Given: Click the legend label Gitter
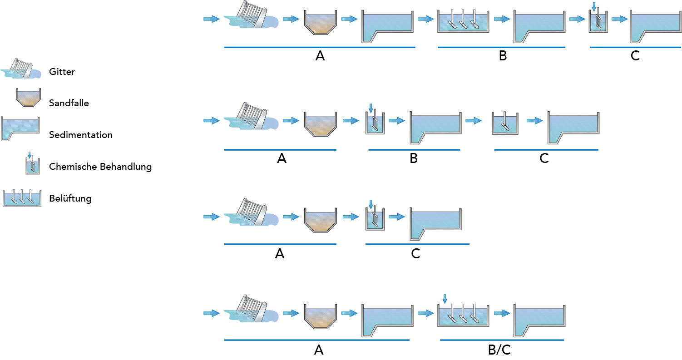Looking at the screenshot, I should point(62,72).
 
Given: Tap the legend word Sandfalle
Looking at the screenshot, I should point(69,103).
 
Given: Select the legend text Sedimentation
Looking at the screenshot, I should point(80,135).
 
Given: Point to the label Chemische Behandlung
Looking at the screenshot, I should point(100,167).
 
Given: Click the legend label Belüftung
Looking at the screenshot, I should point(70,198).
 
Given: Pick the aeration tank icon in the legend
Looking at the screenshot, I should point(22,198).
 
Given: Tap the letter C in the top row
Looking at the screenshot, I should point(635,56).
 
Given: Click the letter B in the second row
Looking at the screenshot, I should point(413,158).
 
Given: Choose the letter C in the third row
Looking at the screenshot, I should point(415,254).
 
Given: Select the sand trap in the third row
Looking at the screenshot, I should point(320,220).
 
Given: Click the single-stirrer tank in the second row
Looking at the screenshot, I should point(505,123).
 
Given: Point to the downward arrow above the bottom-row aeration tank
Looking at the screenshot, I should point(445,299).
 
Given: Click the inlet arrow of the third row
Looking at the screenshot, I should point(211,217).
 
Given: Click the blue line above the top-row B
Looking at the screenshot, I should point(501,47).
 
